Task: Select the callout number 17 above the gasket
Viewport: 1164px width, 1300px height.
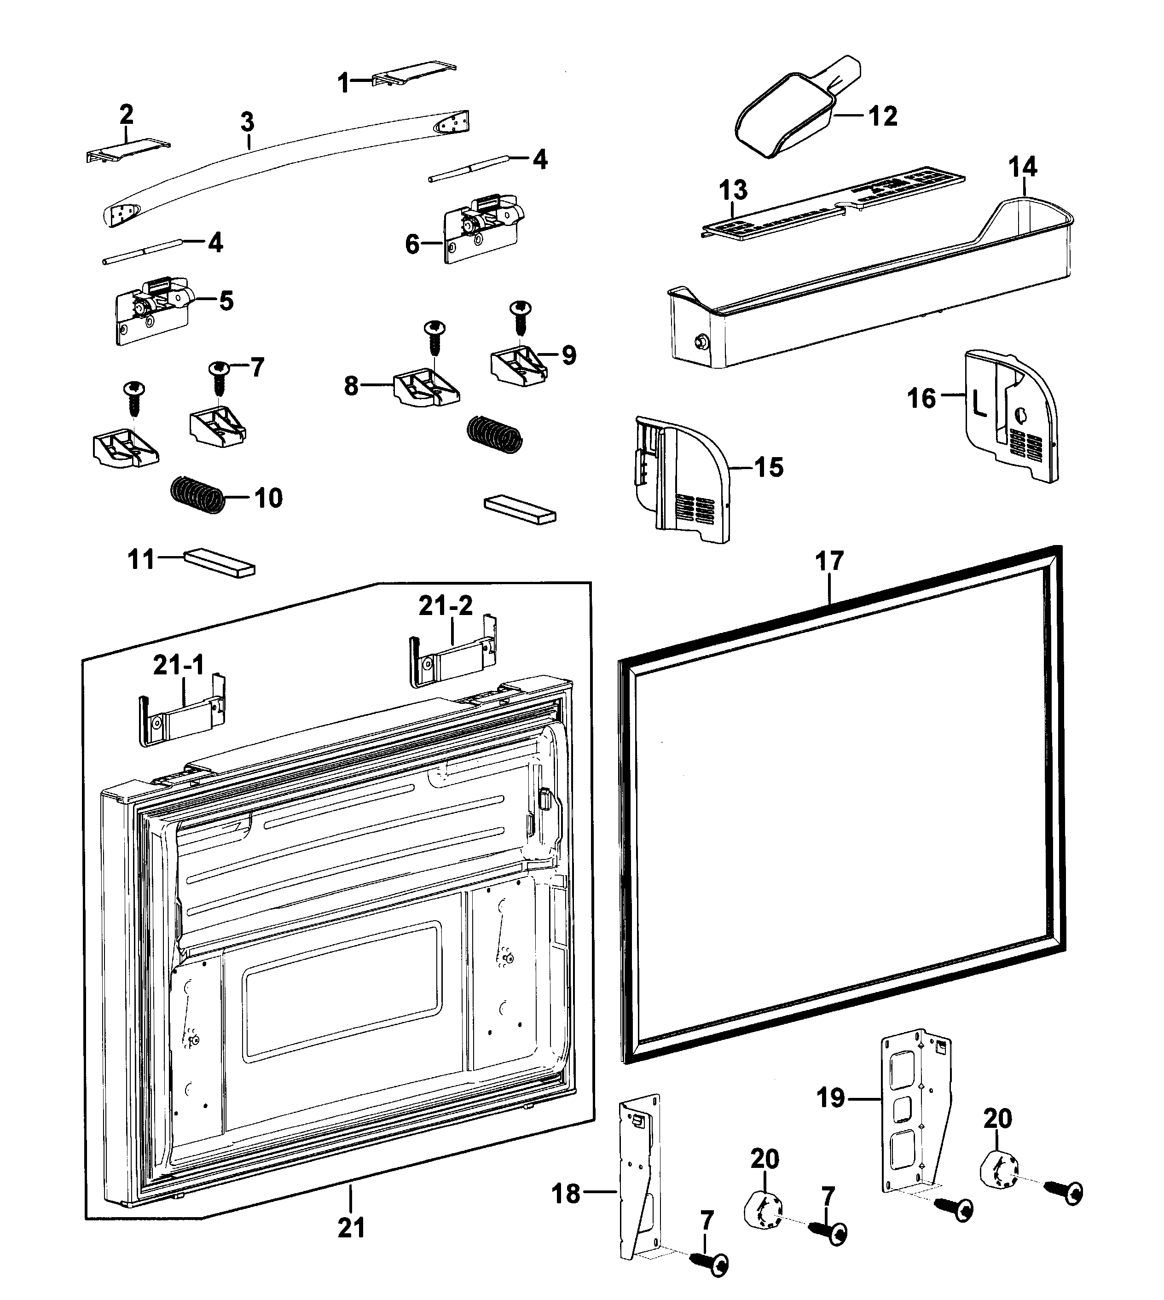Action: [829, 562]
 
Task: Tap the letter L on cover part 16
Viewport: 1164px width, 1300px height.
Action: [979, 404]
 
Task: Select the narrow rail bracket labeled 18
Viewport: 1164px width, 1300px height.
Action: [640, 1184]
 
